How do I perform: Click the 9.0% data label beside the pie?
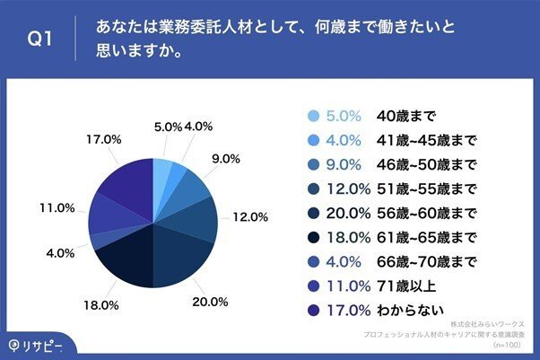tap(224, 159)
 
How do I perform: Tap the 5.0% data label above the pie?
tap(168, 127)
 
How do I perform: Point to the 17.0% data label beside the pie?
tap(104, 139)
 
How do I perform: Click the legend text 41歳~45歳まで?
tap(426, 141)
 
